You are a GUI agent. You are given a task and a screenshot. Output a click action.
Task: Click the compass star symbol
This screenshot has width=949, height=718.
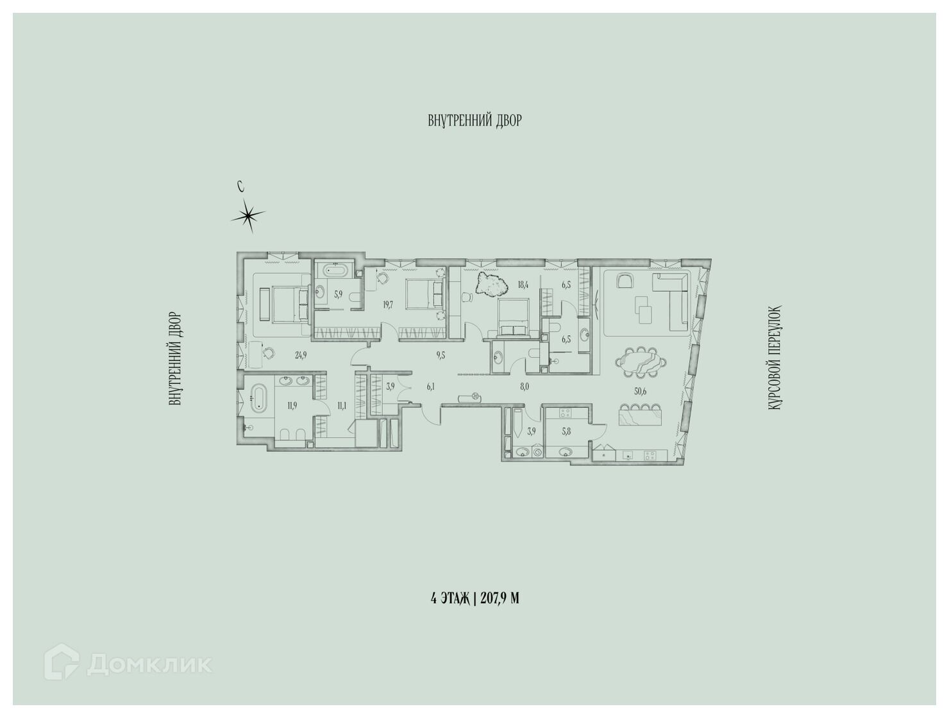click(x=248, y=215)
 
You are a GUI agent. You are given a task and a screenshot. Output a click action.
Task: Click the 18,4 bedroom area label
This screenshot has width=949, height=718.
click(x=524, y=284)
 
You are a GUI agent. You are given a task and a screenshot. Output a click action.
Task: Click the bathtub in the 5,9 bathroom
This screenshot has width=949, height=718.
click(x=334, y=271)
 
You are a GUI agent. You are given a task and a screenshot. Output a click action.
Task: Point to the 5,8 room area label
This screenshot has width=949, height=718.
click(x=566, y=431)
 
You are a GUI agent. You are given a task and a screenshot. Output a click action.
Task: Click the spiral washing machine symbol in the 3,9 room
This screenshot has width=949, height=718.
click(x=538, y=453)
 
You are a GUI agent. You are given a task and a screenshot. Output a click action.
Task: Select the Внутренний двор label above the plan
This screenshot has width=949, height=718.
click(x=474, y=120)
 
